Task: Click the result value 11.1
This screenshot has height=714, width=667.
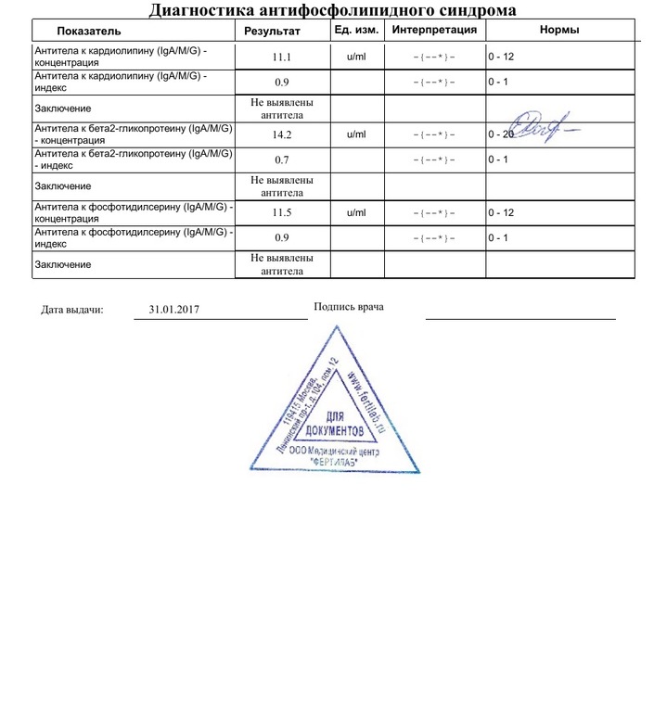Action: pos(282,57)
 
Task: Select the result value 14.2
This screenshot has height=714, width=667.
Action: pos(282,134)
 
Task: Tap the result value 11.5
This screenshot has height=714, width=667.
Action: pos(282,213)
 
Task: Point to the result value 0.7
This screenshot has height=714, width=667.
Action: pos(282,160)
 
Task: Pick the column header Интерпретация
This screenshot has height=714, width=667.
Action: pos(434,31)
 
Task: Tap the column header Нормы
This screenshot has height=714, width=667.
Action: pos(559,31)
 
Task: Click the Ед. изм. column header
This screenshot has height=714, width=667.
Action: pos(356,31)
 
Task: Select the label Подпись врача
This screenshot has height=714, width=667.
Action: pos(348,307)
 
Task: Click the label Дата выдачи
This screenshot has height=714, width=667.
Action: pos(72,310)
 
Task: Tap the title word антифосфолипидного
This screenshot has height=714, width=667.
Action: pos(340,10)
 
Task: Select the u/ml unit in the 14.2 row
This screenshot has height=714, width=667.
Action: pos(356,134)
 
